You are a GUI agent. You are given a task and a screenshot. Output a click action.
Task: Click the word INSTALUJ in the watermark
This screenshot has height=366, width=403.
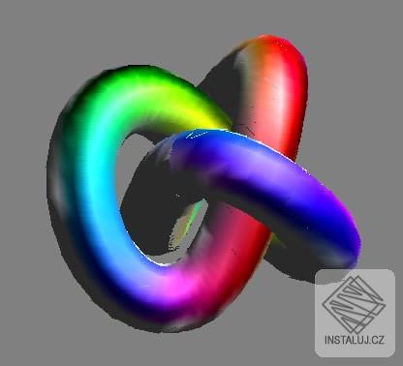pyautogui.click(x=347, y=340)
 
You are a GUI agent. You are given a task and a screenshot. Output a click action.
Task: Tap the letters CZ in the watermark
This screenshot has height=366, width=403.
pyautogui.click(x=378, y=340)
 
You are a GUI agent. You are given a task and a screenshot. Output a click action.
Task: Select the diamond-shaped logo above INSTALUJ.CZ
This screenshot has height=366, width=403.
pyautogui.click(x=355, y=304)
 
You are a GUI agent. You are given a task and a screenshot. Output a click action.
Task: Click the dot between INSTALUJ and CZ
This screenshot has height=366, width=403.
pyautogui.click(x=371, y=343)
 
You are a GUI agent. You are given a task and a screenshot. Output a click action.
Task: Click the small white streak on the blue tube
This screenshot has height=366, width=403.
pyautogui.click(x=197, y=134)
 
